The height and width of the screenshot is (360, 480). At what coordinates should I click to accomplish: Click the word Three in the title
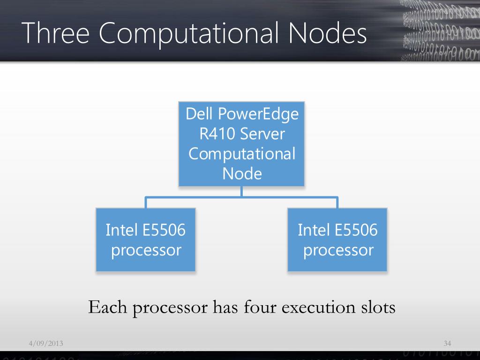55,33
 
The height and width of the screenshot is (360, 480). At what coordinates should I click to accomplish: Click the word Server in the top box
262,134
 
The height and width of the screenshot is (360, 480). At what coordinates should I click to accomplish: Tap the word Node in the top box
242,174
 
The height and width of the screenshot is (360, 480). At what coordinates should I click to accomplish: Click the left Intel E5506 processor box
146,240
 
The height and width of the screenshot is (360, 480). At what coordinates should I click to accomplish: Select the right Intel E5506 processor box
337,240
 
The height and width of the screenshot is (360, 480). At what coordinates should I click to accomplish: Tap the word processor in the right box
338,250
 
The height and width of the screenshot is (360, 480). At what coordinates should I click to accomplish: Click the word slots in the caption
378,307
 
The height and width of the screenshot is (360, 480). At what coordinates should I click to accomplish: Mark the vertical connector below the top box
241,191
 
